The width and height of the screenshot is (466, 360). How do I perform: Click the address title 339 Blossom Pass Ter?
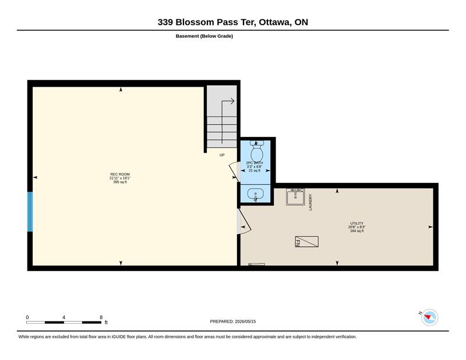pyautogui.click(x=207, y=22)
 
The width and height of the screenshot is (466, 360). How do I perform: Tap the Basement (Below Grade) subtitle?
pyautogui.click(x=204, y=36)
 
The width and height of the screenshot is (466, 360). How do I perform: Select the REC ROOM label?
pyautogui.click(x=120, y=174)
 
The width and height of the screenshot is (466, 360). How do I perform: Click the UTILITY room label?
pyautogui.click(x=356, y=223)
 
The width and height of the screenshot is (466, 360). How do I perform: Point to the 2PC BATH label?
pyautogui.click(x=255, y=163)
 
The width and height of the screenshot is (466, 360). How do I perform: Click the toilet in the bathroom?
pyautogui.click(x=257, y=150)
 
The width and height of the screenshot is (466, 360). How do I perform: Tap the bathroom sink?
pyautogui.click(x=255, y=194)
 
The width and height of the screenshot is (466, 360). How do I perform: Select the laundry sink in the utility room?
pyautogui.click(x=295, y=196)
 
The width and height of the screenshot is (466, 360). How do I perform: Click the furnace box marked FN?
pyautogui.click(x=307, y=241)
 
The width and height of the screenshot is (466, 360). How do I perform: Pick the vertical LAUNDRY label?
pyautogui.click(x=310, y=202)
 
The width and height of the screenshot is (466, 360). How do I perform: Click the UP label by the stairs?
pyautogui.click(x=222, y=155)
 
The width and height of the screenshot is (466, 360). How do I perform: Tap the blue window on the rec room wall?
pyautogui.click(x=30, y=211)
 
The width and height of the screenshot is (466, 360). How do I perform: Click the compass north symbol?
pyautogui.click(x=429, y=317)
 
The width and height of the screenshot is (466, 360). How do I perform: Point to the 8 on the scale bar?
pyautogui.click(x=101, y=317)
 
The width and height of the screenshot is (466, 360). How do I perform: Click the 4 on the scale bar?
pyautogui.click(x=63, y=317)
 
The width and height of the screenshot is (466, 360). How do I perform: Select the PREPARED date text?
pyautogui.click(x=232, y=322)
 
